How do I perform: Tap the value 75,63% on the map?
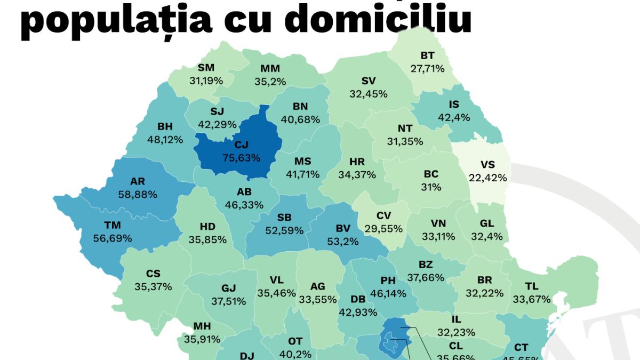coord(242,158)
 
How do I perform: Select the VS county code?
coord(487,165)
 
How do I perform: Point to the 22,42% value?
coord(487,178)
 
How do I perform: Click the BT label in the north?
coord(427,55)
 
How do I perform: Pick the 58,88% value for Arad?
coord(138,195)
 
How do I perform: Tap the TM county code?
coord(112,225)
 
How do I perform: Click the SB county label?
coord(284,218)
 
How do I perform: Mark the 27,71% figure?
coord(427,69)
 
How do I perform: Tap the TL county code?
coord(531,286)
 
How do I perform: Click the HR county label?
coord(357,162)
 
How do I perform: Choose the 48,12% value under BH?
coord(165,140)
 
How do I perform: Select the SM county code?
coord(206,68)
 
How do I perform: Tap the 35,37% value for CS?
coord(153,287)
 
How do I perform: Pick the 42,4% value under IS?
coord(453,118)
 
